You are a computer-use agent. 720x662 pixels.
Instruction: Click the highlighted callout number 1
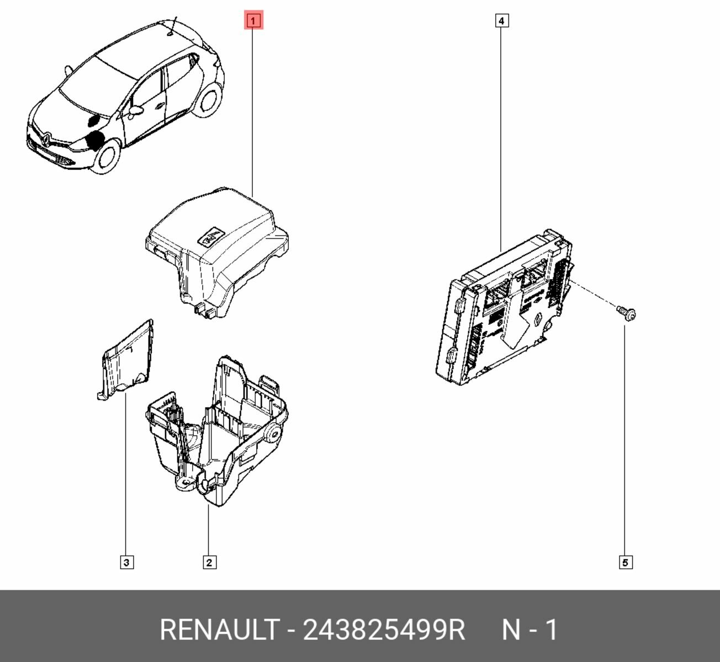coord(253,21)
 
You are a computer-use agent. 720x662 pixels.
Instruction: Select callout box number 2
coord(209,563)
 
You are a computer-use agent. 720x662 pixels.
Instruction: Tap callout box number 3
coord(126,563)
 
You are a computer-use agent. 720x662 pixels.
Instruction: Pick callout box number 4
coord(501,21)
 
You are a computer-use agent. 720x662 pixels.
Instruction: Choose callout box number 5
coord(625,563)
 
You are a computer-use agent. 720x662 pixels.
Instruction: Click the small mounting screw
coord(626,313)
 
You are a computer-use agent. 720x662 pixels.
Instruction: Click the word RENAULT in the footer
coord(219,629)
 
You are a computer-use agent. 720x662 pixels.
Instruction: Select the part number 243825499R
coord(384,629)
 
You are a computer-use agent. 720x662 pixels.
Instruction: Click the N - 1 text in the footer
coord(530,629)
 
